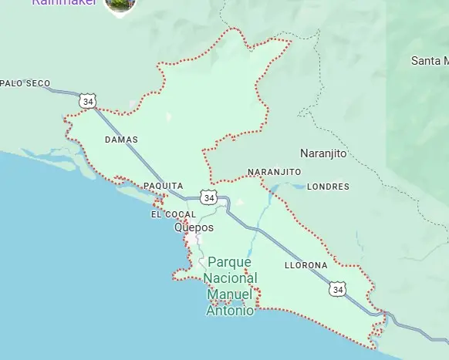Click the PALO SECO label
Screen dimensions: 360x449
(x=26, y=83)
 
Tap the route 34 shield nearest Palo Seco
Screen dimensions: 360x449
(x=87, y=100)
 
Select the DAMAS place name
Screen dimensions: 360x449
(x=121, y=140)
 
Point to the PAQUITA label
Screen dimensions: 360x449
(x=164, y=186)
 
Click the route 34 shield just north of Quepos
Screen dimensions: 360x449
(x=208, y=197)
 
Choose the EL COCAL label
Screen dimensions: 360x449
(x=173, y=214)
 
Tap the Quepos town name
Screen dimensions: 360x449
(x=194, y=227)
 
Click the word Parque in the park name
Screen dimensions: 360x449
(x=230, y=262)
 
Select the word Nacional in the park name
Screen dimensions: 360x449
(x=231, y=278)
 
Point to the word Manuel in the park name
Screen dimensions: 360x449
(x=230, y=294)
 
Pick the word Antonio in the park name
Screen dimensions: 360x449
(x=230, y=311)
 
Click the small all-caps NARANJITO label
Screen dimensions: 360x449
(x=274, y=172)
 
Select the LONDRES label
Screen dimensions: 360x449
(x=328, y=187)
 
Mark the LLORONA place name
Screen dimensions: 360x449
(x=306, y=265)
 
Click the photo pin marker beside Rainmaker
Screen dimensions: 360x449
(x=120, y=5)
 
